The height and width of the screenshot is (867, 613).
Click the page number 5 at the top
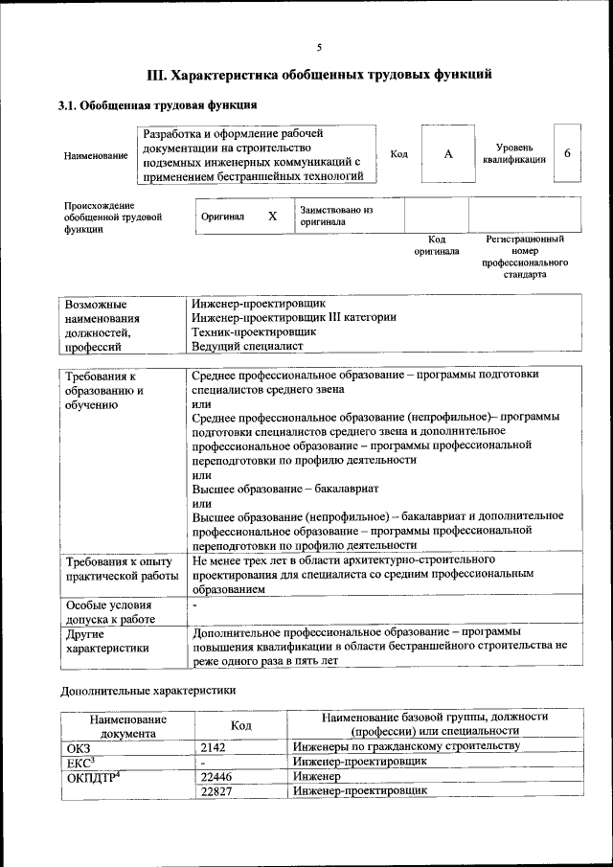(319, 47)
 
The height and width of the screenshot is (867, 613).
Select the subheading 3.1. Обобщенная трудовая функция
(157, 105)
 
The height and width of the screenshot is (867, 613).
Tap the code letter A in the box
(447, 154)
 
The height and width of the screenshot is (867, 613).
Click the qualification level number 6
(568, 154)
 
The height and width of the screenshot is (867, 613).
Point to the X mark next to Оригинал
(272, 217)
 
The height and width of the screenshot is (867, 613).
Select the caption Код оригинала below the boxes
(436, 245)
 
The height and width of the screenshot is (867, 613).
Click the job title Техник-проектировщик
(254, 331)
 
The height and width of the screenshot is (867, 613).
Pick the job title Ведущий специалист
(247, 346)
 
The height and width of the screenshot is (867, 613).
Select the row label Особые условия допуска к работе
(108, 612)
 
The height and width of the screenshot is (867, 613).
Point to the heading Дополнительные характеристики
(148, 689)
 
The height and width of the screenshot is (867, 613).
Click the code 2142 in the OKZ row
(216, 745)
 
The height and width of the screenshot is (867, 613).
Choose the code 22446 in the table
(218, 776)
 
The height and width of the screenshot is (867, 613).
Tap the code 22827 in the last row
(218, 790)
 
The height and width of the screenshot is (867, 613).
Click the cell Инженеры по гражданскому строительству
(406, 745)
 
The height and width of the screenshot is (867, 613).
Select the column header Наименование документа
(128, 726)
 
